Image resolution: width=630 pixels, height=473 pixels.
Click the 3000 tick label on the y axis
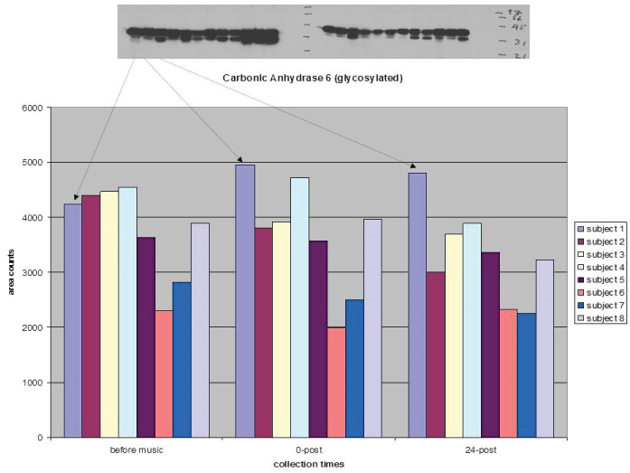point(33,272)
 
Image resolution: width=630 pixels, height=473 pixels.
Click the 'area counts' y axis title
point(13,272)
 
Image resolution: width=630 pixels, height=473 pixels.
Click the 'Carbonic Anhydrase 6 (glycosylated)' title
point(313,78)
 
